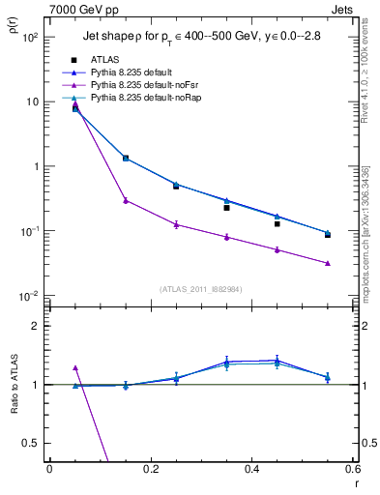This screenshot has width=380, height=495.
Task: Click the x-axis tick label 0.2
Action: click(150, 469)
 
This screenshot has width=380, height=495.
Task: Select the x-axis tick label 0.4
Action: click(251, 469)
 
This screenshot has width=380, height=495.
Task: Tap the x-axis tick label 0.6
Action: click(352, 469)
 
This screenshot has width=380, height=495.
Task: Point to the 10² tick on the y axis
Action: click(29, 38)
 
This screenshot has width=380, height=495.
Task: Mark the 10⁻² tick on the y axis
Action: click(29, 296)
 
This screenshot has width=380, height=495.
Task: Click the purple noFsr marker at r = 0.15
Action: click(126, 200)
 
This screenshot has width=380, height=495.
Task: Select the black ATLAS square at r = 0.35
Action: click(226, 208)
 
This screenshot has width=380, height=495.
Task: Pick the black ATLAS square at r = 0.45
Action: click(277, 223)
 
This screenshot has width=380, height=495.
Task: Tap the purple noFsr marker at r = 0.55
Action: click(328, 263)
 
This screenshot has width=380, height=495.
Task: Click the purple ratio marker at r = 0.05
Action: click(75, 368)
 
